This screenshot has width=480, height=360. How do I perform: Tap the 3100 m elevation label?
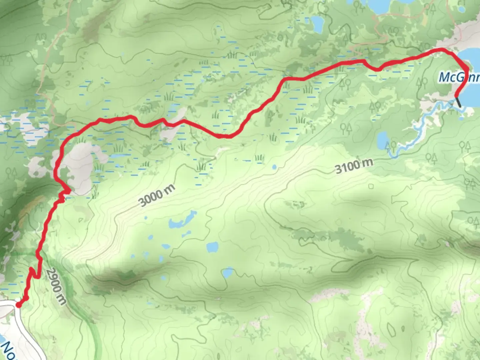[x=354, y=166]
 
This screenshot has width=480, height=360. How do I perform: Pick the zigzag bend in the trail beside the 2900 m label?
[x=34, y=273]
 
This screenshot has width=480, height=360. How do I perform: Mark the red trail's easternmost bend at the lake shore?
[x=467, y=71]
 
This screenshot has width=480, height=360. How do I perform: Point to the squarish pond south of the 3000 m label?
[x=212, y=247]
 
